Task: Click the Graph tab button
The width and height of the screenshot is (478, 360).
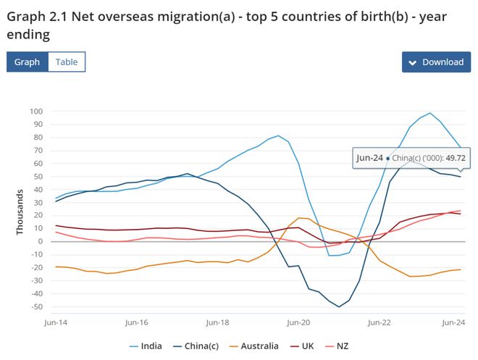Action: pyautogui.click(x=27, y=62)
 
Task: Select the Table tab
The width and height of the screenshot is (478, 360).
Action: pyautogui.click(x=67, y=62)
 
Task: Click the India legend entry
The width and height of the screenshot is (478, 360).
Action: pyautogui.click(x=146, y=346)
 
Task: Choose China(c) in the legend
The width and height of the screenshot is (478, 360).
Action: pyautogui.click(x=196, y=346)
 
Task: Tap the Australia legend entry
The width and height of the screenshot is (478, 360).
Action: pyautogui.click(x=254, y=346)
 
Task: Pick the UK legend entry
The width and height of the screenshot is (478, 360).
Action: pyautogui.click(x=302, y=346)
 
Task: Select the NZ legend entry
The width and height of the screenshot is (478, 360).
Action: pyautogui.click(x=337, y=346)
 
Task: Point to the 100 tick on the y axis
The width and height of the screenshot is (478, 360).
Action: pyautogui.click(x=36, y=112)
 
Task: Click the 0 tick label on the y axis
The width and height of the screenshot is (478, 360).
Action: pyautogui.click(x=41, y=241)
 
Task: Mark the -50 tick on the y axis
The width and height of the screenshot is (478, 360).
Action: pyautogui.click(x=37, y=306)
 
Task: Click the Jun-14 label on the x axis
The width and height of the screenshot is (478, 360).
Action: pyautogui.click(x=56, y=322)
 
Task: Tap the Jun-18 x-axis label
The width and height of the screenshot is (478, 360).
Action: pyautogui.click(x=217, y=322)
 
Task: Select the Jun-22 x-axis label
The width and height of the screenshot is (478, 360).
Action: pyautogui.click(x=379, y=322)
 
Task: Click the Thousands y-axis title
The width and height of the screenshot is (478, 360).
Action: pyautogui.click(x=20, y=212)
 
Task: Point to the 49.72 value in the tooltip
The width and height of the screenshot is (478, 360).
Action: pyautogui.click(x=456, y=158)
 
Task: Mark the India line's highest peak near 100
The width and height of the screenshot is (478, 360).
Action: pyautogui.click(x=429, y=113)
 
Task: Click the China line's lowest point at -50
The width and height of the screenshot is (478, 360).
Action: pyautogui.click(x=339, y=306)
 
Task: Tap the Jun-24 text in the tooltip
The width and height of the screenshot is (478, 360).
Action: pyautogui.click(x=369, y=158)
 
